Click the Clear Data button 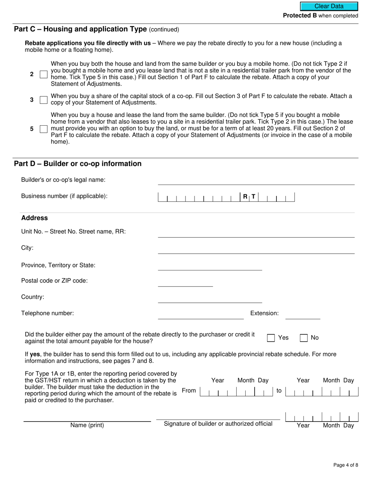click(329, 6)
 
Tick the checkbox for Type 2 click(44, 74)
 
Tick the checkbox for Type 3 click(44, 100)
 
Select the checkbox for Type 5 click(44, 129)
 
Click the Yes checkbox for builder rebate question click(271, 338)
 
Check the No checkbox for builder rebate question click(303, 338)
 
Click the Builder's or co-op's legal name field click(256, 180)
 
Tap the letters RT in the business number click(249, 197)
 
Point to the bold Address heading click(34, 218)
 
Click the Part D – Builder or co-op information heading click(78, 164)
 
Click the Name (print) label click(87, 425)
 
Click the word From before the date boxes click(189, 391)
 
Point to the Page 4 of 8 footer click(345, 465)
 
